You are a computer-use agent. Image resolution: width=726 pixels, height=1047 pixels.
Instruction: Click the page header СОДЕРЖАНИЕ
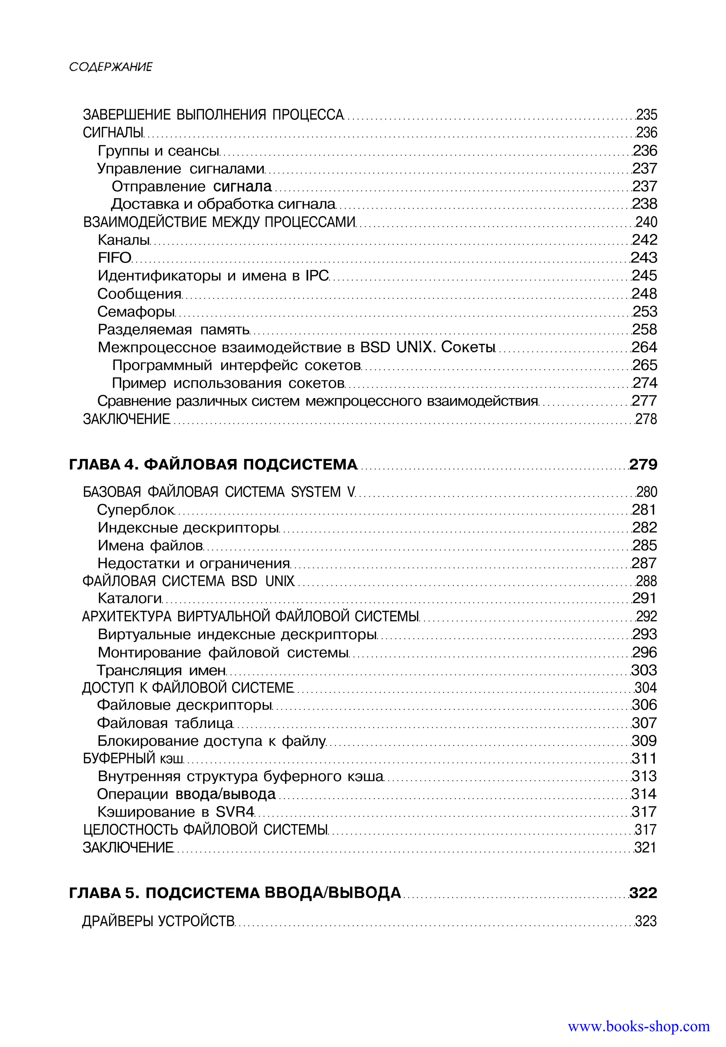(x=111, y=67)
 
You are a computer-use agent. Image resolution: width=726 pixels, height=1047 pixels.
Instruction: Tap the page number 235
(x=646, y=114)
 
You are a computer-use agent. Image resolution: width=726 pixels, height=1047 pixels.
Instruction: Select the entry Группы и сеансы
(x=158, y=151)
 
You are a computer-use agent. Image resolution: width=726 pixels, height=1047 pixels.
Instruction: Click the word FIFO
(x=115, y=258)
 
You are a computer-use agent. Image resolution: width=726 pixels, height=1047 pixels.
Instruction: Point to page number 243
(x=644, y=258)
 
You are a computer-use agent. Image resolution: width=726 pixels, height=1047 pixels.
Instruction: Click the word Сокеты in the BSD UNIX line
(x=468, y=347)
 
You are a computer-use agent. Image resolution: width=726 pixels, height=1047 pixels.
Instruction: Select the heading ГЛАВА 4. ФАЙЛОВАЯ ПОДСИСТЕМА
(x=213, y=464)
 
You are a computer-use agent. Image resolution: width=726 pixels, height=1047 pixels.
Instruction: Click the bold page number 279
(x=643, y=464)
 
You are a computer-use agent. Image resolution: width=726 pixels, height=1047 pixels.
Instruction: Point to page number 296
(x=644, y=652)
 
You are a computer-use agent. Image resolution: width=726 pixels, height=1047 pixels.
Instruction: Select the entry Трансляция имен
(x=162, y=670)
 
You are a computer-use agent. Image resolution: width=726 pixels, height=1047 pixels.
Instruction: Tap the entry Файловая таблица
(x=165, y=723)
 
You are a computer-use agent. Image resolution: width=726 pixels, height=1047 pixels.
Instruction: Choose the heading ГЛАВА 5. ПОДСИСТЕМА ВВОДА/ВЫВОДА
(x=235, y=893)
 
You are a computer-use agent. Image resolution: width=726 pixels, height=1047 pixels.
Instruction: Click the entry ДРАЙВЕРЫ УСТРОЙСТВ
(x=158, y=922)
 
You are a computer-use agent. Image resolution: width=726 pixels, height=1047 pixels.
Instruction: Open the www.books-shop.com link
(x=639, y=1026)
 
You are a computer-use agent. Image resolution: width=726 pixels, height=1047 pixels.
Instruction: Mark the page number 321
(x=646, y=848)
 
